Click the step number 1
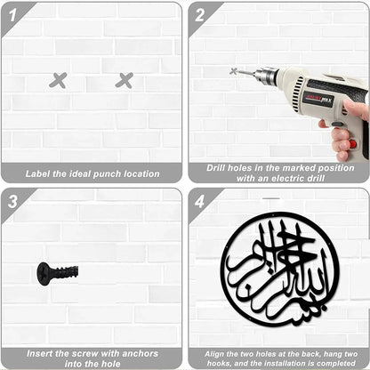[12, 15]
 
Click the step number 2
[199, 15]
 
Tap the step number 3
[12, 202]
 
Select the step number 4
[199, 202]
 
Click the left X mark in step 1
[58, 80]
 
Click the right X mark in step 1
[124, 80]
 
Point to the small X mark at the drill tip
[234, 71]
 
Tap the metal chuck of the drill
[265, 76]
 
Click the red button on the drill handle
[352, 144]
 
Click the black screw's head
[43, 274]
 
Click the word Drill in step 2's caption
[216, 168]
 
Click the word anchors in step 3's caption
[141, 353]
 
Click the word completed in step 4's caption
[335, 363]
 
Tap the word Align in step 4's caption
[214, 354]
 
